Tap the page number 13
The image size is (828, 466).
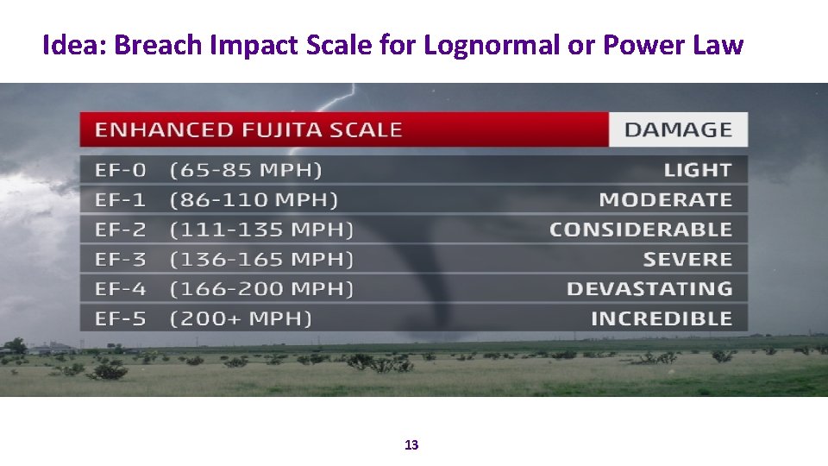click(x=411, y=445)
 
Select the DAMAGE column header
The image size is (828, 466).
click(x=678, y=130)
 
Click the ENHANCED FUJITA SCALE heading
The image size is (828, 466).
click(x=248, y=130)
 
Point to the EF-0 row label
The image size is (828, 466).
click(x=121, y=170)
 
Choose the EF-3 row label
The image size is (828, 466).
click(x=121, y=259)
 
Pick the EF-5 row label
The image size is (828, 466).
click(x=121, y=318)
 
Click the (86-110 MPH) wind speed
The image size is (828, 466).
click(x=254, y=200)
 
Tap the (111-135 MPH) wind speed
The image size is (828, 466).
click(x=261, y=230)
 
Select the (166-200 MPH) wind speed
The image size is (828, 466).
click(x=261, y=288)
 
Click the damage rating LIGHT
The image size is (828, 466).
click(x=698, y=170)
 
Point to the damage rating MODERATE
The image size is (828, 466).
click(x=665, y=200)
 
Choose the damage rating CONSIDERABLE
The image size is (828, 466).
click(x=640, y=230)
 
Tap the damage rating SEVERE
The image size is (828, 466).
click(x=687, y=259)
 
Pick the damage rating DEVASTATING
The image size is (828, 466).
click(x=649, y=288)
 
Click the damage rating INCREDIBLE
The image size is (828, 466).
click(x=661, y=318)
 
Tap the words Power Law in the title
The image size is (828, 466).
click(x=672, y=45)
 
